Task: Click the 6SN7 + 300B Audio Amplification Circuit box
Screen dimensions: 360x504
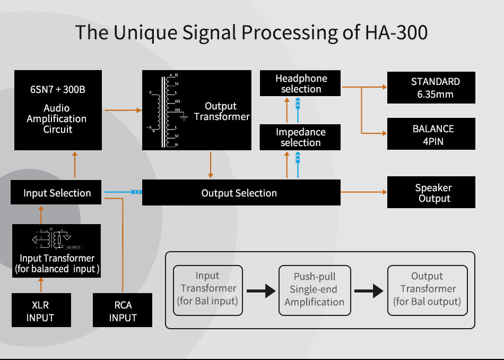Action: coord(57,110)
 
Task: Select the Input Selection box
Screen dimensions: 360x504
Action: coord(57,193)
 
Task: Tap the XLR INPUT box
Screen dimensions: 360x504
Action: coord(40,311)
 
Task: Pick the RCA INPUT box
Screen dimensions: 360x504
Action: coord(123,311)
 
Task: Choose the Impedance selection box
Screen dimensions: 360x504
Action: coord(300,137)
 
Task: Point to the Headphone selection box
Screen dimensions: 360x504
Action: coord(300,83)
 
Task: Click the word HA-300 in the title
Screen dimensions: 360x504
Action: coord(396,32)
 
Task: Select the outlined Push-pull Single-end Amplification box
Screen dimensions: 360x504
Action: coord(314,289)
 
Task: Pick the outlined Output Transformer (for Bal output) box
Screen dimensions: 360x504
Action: coord(427,289)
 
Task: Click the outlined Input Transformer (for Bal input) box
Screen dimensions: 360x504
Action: coord(207,289)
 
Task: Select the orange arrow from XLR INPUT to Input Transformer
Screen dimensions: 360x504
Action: coord(40,286)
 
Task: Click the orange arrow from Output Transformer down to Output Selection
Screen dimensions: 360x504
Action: coord(211,165)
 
